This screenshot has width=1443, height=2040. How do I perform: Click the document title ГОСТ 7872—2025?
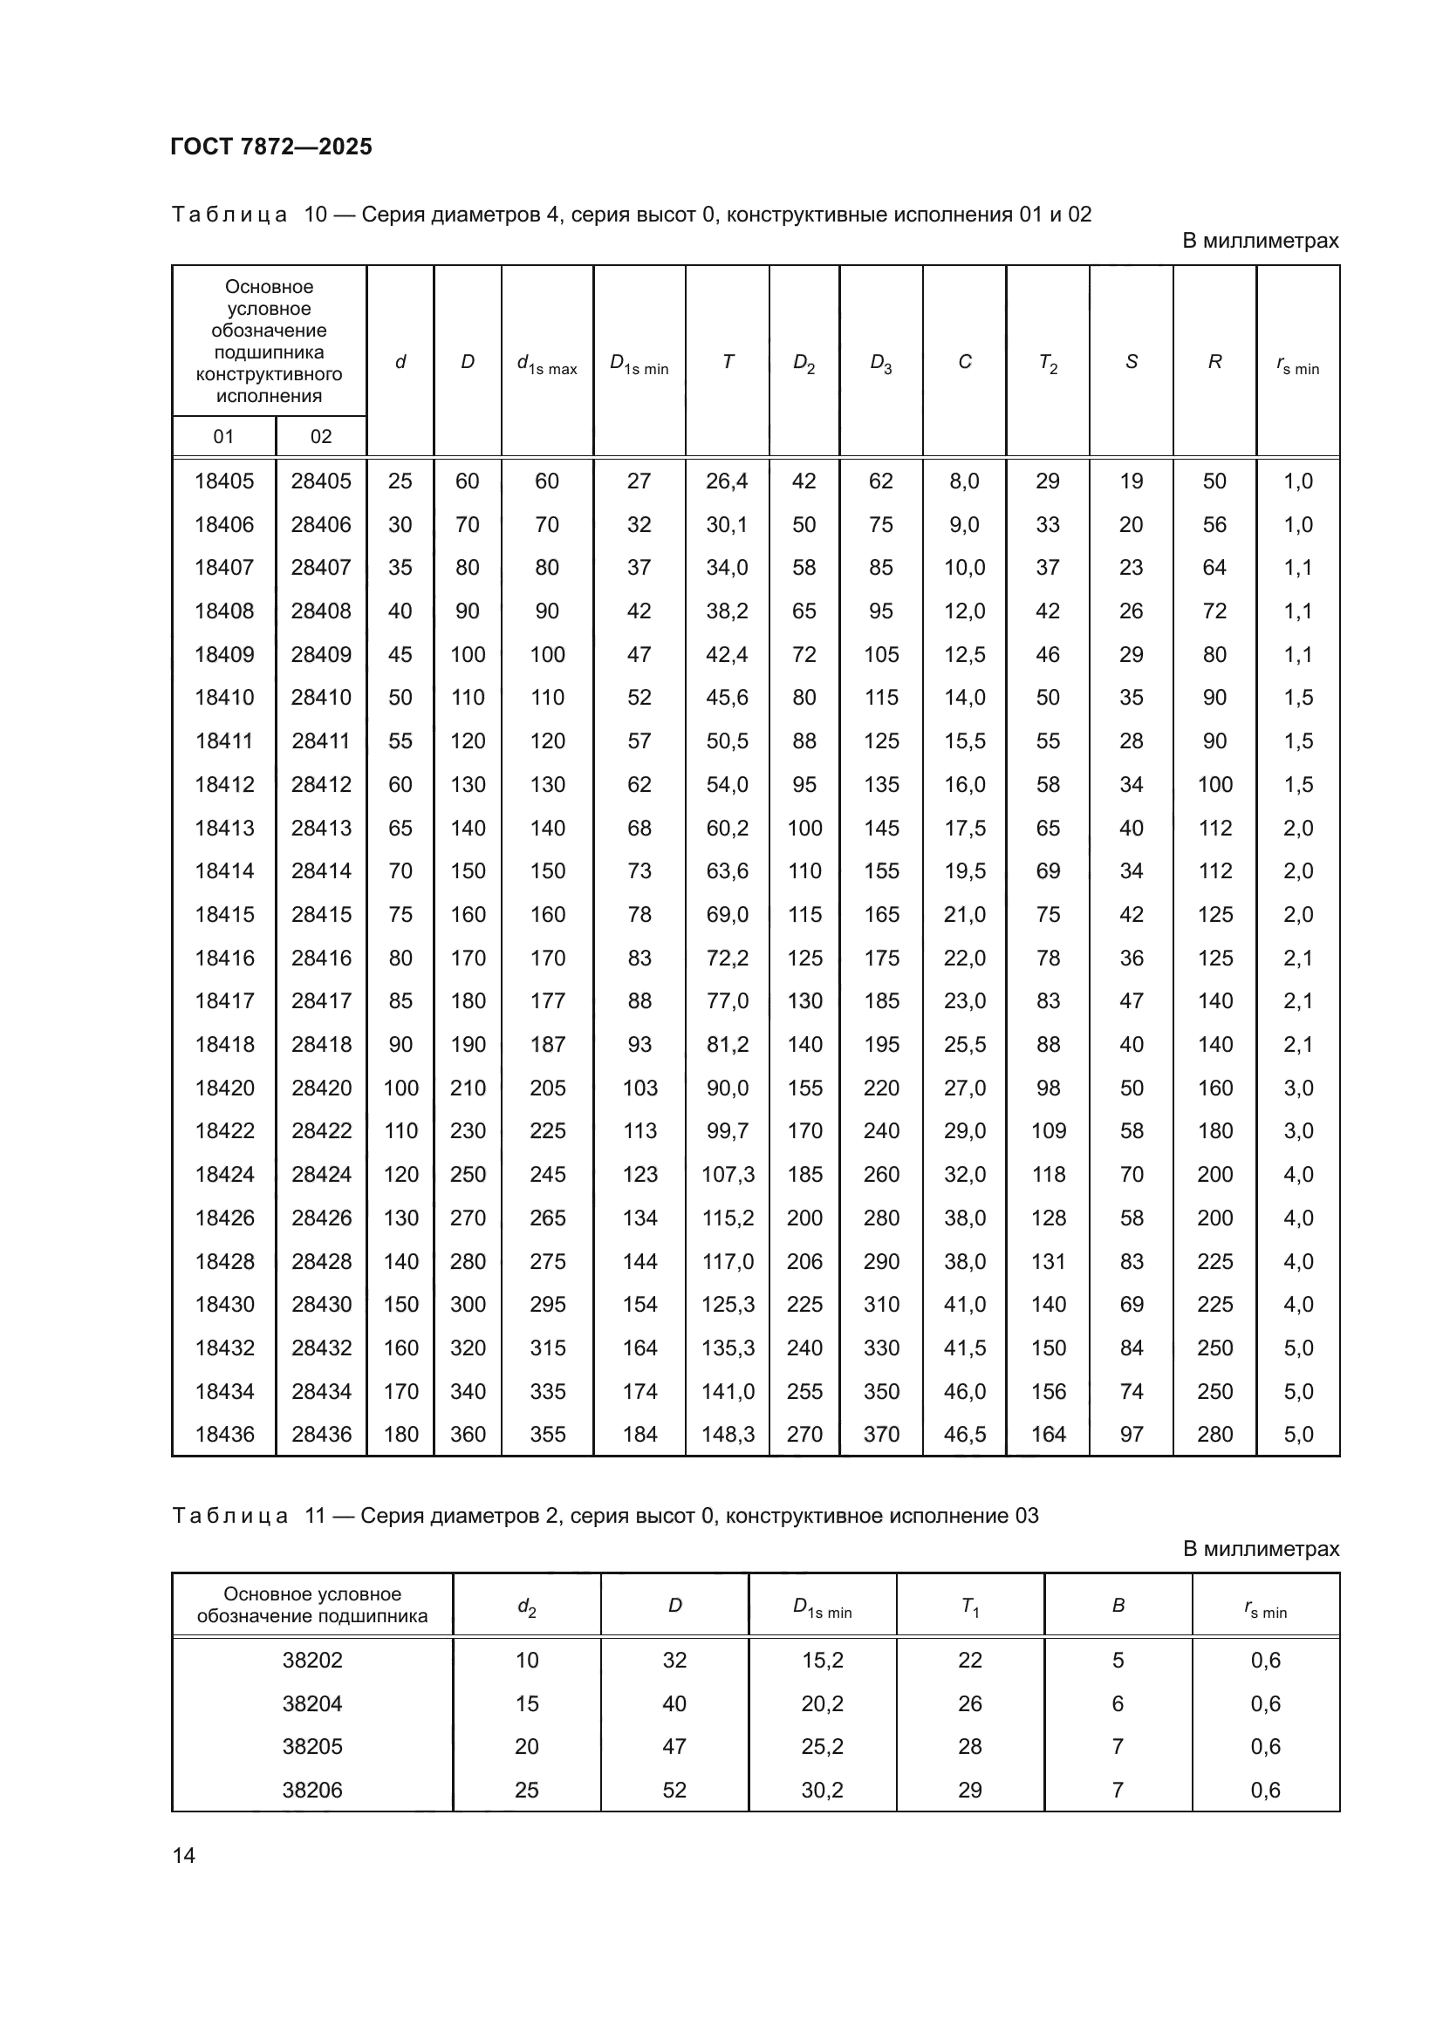click(271, 147)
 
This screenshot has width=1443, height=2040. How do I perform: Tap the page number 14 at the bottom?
click(184, 1855)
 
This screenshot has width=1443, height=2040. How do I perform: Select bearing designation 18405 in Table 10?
click(224, 481)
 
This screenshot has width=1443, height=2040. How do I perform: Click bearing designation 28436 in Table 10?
click(321, 1434)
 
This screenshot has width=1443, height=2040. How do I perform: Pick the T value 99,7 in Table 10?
click(727, 1130)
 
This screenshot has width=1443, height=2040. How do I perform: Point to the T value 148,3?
click(727, 1434)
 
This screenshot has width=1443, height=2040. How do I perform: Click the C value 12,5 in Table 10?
click(964, 654)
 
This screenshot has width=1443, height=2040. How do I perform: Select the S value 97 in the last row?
click(1132, 1434)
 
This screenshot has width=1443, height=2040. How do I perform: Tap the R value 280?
click(1214, 1434)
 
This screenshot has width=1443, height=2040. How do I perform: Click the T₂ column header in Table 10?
click(1048, 363)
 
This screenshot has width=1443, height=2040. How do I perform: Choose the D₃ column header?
click(880, 363)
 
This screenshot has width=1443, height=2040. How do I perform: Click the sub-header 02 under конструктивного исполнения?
click(321, 436)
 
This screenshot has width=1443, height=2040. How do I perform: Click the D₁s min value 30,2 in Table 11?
click(822, 1790)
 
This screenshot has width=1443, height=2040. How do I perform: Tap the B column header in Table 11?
click(1118, 1606)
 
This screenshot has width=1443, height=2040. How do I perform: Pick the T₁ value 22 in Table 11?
click(969, 1660)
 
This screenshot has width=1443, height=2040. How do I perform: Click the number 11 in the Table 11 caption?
click(316, 1516)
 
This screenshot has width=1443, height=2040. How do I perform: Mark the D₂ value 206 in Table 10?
click(804, 1261)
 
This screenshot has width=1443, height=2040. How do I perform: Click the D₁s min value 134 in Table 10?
click(639, 1218)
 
